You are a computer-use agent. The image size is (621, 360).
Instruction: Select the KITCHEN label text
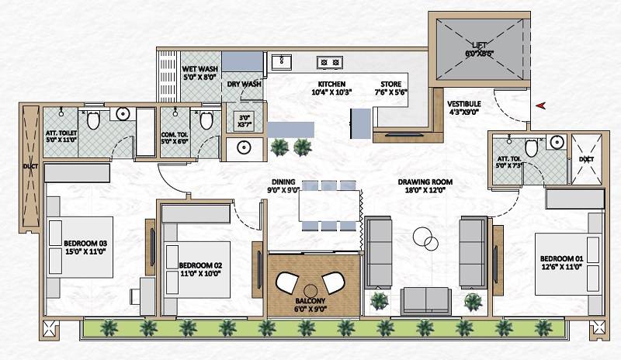331,84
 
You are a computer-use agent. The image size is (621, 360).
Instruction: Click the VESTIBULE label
464,103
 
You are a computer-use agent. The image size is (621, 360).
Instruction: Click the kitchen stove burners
328,62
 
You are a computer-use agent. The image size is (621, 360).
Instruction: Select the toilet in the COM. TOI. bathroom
206,121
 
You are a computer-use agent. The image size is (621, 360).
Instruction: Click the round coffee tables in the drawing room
424,237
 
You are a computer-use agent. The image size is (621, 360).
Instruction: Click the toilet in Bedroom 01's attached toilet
532,147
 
